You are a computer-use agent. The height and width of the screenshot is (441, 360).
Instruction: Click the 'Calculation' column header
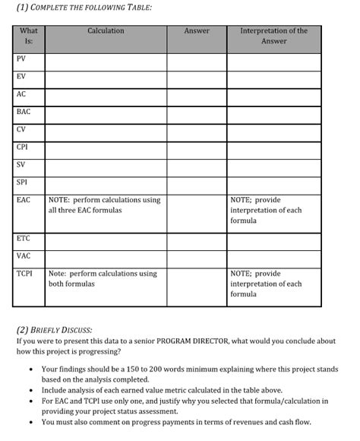coord(106,31)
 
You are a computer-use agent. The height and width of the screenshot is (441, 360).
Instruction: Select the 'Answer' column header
coord(197,31)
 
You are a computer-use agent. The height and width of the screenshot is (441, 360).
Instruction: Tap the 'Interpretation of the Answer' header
coord(273,36)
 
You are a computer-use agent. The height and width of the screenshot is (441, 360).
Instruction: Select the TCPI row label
coord(24,274)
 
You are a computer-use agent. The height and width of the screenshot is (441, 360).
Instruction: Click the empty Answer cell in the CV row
coord(197,128)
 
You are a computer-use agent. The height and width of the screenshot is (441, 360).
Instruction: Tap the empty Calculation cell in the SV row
coord(106,164)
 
